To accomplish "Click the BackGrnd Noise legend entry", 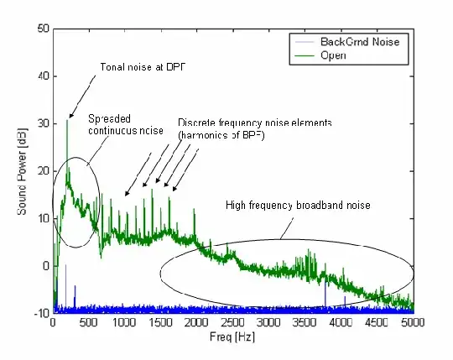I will [x=373, y=40].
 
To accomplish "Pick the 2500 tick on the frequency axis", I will [x=232, y=322].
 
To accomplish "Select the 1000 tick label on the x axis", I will [x=124, y=322].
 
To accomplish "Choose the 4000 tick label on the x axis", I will [x=340, y=322].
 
